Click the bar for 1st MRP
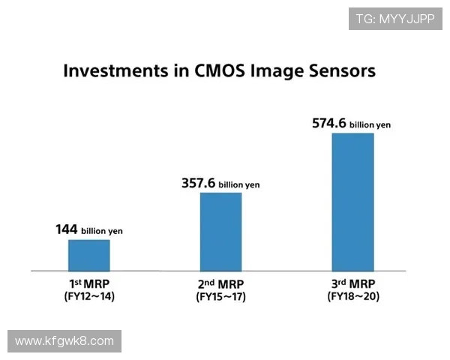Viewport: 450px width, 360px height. [89, 255]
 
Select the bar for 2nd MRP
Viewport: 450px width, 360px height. [220, 231]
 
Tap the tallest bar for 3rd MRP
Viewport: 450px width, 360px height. [352, 202]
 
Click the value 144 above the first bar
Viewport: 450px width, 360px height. [67, 229]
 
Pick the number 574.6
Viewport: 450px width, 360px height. [329, 123]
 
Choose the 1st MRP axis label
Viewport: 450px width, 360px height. [89, 284]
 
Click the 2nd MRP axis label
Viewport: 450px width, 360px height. [220, 284]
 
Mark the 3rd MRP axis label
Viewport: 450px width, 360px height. [352, 284]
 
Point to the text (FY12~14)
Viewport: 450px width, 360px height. [89, 298]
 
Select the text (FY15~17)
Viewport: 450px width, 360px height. [220, 298]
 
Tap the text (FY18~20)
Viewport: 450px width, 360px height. [352, 298]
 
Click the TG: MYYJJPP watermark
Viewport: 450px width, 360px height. [395, 19]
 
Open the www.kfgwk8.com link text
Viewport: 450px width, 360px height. [64, 341]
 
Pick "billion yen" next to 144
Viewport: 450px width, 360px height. [102, 232]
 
